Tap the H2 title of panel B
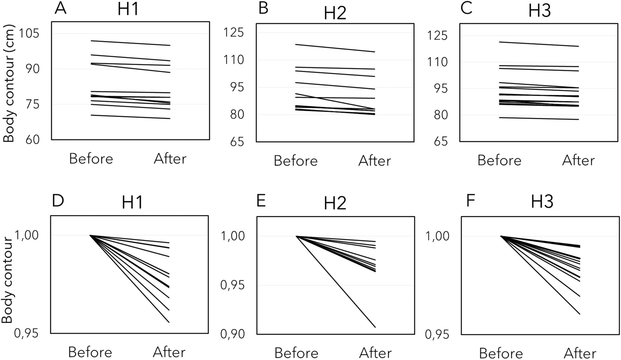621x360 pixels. (x=335, y=13)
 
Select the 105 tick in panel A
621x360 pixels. (x=29, y=34)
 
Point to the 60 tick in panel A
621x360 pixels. (x=32, y=140)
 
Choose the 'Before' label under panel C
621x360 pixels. (x=499, y=160)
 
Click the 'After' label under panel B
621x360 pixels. (x=374, y=161)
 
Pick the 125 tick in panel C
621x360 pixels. (x=437, y=36)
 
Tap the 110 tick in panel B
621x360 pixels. (x=233, y=60)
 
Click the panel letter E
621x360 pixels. (x=261, y=202)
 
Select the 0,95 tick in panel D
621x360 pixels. (x=26, y=333)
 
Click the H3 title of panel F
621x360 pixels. (x=542, y=202)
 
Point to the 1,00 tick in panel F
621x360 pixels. (x=437, y=236)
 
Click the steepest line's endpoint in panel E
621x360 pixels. (x=376, y=327)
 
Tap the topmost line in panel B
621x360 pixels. (x=335, y=48)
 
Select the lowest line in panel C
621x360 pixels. (x=539, y=118)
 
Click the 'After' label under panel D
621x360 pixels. (x=169, y=352)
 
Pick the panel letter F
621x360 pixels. (x=470, y=202)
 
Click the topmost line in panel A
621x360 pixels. (x=130, y=43)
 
